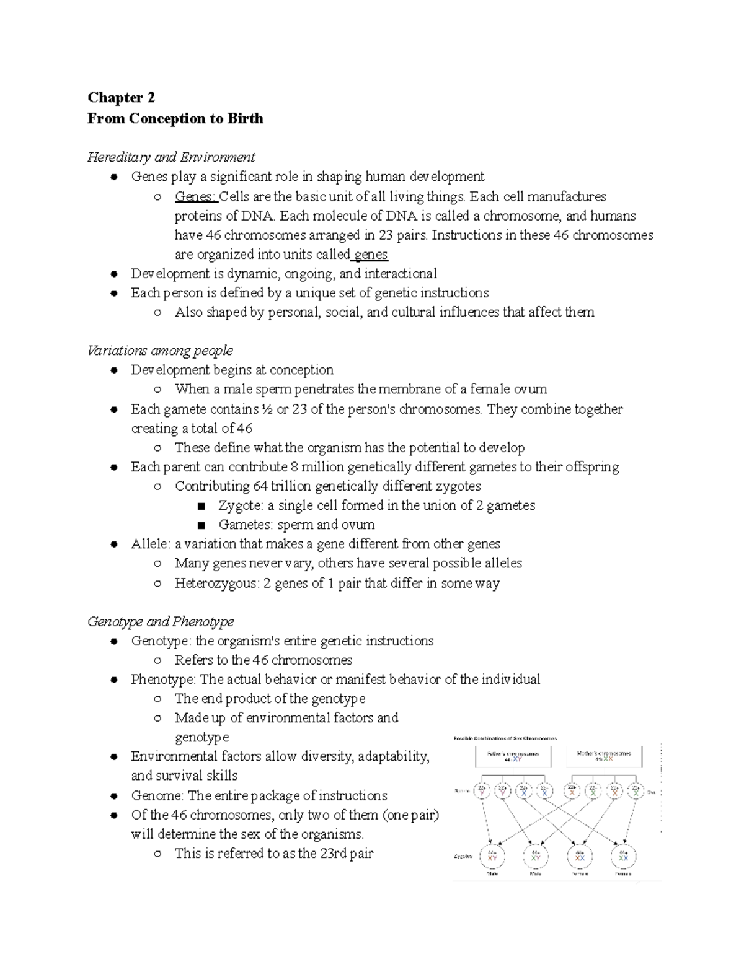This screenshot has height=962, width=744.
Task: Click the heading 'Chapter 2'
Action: (121, 97)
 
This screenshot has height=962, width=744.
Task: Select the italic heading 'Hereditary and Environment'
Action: (171, 157)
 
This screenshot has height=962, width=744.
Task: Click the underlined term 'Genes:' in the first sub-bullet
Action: (195, 196)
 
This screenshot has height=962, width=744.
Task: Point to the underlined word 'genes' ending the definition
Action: (371, 254)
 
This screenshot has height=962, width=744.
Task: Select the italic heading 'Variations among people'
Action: (160, 350)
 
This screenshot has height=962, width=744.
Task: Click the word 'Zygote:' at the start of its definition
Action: (241, 505)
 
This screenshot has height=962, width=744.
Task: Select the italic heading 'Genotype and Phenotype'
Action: (161, 621)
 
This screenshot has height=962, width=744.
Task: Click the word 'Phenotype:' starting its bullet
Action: (163, 679)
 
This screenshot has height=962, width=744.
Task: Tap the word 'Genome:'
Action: (157, 795)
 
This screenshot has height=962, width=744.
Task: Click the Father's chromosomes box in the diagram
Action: (512, 756)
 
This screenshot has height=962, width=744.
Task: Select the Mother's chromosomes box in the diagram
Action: (604, 756)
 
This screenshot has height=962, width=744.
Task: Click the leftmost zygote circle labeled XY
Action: (492, 857)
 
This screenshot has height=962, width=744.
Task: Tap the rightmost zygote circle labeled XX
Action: (622, 857)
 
